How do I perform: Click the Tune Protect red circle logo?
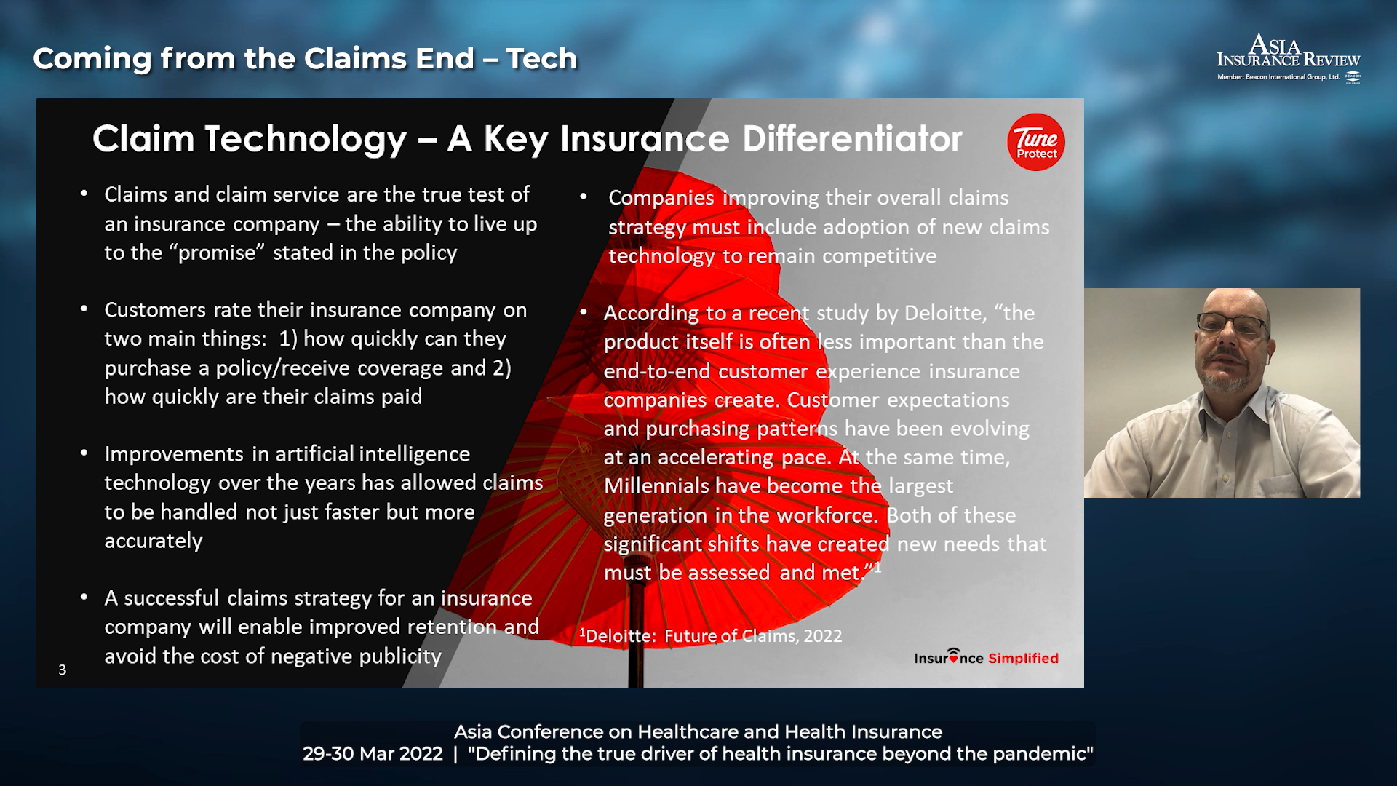coord(1036,142)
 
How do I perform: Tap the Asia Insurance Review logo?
coord(1289,58)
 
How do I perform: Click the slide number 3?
coord(63,670)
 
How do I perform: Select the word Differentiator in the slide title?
coord(852,138)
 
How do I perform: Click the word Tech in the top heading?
coord(542,58)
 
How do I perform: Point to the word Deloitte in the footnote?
coord(620,636)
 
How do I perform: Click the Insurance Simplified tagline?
coord(986,657)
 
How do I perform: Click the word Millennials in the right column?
coord(656,485)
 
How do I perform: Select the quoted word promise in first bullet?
coord(217,253)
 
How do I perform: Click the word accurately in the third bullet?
coord(154,541)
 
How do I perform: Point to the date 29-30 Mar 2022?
coord(373,753)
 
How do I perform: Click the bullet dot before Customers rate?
coord(84,309)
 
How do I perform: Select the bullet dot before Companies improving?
coord(584,196)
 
